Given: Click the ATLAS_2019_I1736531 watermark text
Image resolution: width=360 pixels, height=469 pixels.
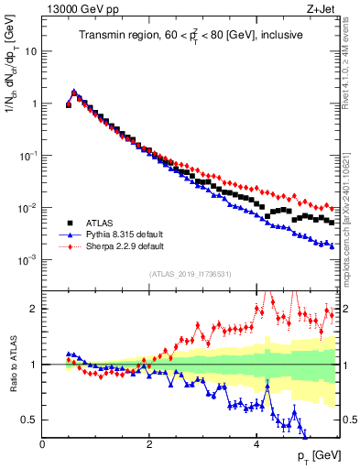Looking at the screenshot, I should (x=190, y=274).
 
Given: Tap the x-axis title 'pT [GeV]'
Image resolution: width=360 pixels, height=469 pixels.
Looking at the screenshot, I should (x=313, y=456).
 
